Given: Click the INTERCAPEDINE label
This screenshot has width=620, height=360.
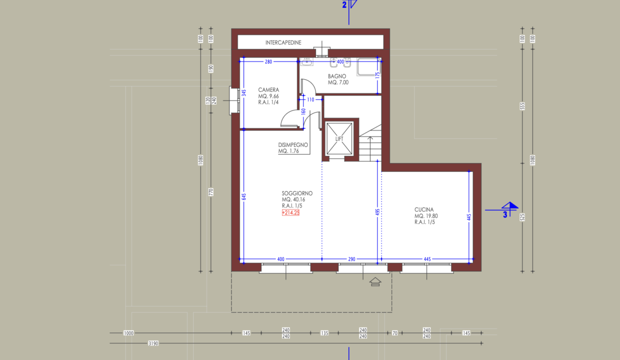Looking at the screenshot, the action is (283, 42).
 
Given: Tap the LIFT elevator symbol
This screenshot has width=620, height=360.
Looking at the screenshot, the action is (339, 138).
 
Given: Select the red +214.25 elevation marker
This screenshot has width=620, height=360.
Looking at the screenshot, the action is (290, 212).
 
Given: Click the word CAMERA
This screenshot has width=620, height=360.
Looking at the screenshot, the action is (268, 90).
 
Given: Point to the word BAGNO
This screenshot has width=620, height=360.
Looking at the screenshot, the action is (337, 76).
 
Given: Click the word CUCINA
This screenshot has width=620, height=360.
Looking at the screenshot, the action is (424, 209).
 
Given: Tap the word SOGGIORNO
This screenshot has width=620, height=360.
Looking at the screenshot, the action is (297, 193).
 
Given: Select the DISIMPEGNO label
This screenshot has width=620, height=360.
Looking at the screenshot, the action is (293, 144).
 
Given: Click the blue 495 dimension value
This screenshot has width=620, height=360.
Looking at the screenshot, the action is (377, 212).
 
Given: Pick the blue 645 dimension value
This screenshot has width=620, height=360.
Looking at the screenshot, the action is (244, 196).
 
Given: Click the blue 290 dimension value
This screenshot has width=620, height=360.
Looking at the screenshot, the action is (351, 259).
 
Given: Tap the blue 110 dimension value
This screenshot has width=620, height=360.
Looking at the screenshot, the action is (310, 99).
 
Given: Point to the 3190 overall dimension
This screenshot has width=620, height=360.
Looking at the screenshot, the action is (153, 343).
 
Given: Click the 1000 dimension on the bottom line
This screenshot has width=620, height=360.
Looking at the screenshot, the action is (128, 333).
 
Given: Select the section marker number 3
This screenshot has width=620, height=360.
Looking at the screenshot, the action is (505, 214).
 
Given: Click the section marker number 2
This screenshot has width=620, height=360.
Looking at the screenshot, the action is (344, 5).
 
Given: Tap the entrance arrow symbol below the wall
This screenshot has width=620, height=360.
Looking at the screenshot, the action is (375, 281).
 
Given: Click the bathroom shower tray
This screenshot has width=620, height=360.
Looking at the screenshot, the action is (368, 66).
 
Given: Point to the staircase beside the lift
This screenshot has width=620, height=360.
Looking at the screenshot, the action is (370, 143).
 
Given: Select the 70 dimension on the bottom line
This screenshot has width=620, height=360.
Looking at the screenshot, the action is (394, 333).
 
